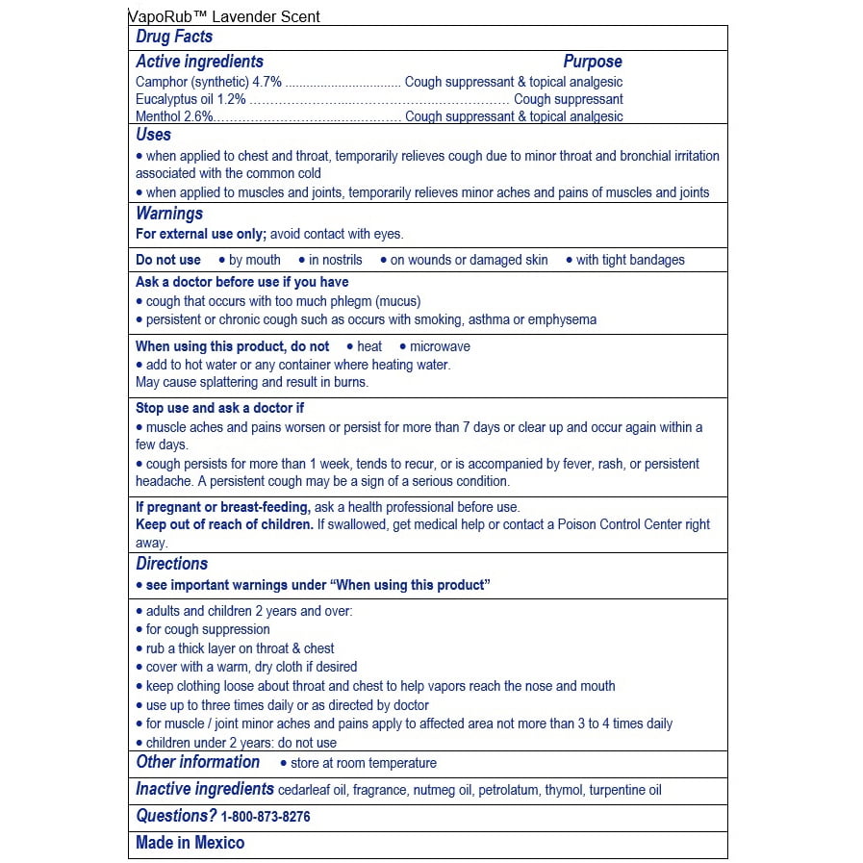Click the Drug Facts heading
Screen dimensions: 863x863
tap(174, 37)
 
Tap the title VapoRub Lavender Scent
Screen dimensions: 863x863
tap(224, 16)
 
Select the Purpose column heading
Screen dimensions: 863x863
tap(593, 62)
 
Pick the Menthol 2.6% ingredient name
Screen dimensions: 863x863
tap(175, 116)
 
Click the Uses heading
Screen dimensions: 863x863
tap(154, 135)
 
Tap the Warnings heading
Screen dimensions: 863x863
tap(169, 214)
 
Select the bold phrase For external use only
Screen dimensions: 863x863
tap(200, 234)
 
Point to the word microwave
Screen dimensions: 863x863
tap(440, 346)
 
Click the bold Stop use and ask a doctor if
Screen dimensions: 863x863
tap(219, 408)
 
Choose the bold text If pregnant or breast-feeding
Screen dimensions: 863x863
tap(222, 507)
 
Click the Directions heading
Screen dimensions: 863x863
tap(172, 564)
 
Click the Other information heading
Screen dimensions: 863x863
tap(197, 762)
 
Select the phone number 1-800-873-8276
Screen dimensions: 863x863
tap(266, 817)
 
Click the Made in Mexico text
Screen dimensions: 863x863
tap(190, 843)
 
